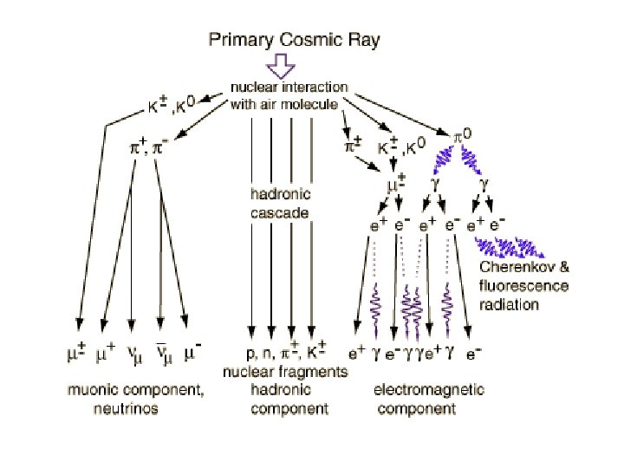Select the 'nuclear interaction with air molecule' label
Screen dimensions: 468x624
click(289, 96)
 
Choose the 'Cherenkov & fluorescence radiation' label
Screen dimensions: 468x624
click(523, 286)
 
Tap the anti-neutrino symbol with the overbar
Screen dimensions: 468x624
click(161, 354)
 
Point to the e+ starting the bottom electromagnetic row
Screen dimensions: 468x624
click(356, 354)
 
